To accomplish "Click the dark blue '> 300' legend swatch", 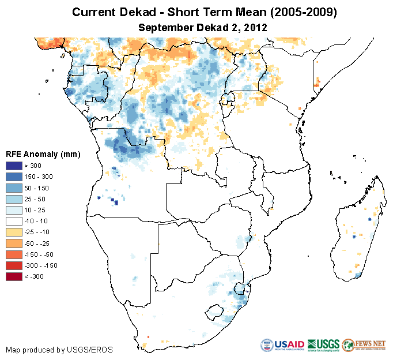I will pyautogui.click(x=14, y=166).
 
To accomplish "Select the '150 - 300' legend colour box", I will pyautogui.click(x=14, y=177).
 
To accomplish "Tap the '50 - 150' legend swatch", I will pyautogui.click(x=14, y=188).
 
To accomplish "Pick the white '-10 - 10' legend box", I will pyautogui.click(x=14, y=221).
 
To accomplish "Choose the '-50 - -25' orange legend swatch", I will pyautogui.click(x=14, y=243).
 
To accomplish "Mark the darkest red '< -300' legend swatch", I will pyautogui.click(x=14, y=276).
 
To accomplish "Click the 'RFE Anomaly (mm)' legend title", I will pyautogui.click(x=43, y=154).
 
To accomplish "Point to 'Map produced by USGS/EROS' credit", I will pyautogui.click(x=59, y=350).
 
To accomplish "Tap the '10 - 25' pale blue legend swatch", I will pyautogui.click(x=14, y=210).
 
